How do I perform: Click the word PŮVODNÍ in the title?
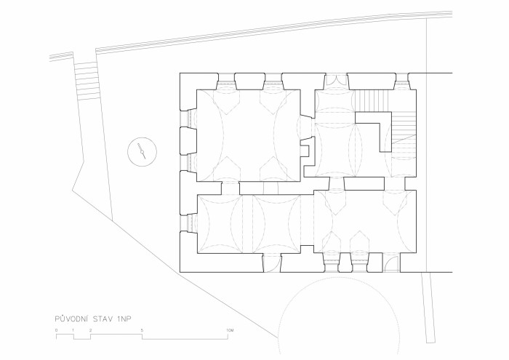[71, 319]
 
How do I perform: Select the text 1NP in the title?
[124, 319]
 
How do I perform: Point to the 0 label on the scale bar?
[57, 330]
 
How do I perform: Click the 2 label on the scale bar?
[91, 330]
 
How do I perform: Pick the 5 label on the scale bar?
[142, 330]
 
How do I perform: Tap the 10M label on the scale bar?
[230, 330]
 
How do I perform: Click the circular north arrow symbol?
[143, 151]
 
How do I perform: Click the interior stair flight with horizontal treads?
[404, 135]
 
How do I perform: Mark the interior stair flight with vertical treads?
[372, 100]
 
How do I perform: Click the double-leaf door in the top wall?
[336, 81]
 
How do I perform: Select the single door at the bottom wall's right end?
[391, 263]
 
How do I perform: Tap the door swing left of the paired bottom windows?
[272, 263]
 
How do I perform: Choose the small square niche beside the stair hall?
[305, 151]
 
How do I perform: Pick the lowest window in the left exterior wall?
[188, 223]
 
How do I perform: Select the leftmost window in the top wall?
[226, 81]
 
